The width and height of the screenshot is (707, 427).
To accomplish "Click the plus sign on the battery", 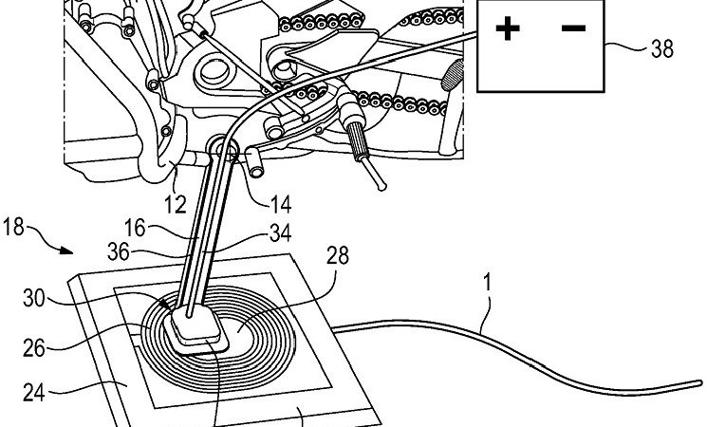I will tap(509, 30).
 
